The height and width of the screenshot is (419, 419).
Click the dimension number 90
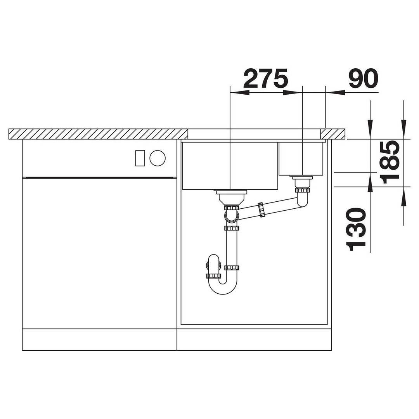click(x=363, y=78)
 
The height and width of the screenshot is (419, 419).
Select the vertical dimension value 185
click(x=391, y=162)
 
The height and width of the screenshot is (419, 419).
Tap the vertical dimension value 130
click(x=355, y=230)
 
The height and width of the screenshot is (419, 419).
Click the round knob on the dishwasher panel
click(x=158, y=158)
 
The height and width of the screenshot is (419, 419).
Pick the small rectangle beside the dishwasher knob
click(x=140, y=158)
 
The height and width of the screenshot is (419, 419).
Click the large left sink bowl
click(x=230, y=166)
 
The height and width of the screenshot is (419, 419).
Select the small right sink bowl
click(x=301, y=159)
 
